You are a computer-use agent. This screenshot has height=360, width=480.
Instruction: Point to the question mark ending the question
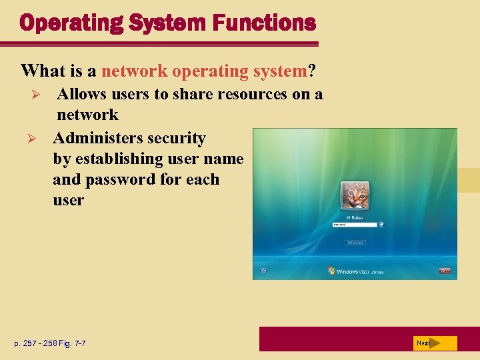(311, 70)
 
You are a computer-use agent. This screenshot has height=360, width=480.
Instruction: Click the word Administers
(95, 138)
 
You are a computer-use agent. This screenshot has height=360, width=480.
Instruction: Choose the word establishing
(127, 159)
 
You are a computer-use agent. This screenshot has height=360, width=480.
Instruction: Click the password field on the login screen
(353, 225)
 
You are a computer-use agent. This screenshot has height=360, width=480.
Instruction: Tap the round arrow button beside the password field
(381, 225)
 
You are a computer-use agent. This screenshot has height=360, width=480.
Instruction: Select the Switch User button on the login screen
(355, 243)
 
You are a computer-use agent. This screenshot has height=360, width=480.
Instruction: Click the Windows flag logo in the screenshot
(331, 271)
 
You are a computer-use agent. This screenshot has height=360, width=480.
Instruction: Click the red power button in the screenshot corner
(444, 271)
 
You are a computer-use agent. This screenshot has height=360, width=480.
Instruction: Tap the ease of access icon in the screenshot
(264, 271)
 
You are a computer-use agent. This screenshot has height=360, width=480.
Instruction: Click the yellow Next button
(435, 343)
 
